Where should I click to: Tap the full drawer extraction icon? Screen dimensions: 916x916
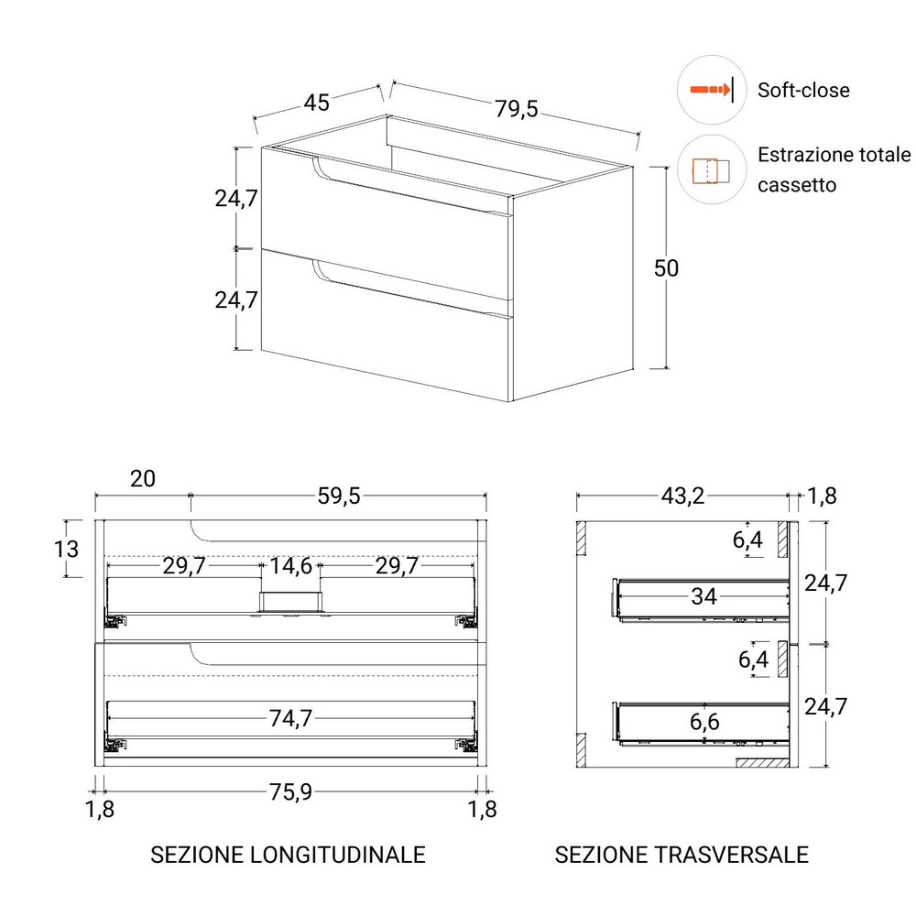(711, 171)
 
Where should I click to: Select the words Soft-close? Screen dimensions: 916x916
(803, 90)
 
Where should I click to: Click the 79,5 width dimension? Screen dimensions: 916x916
(517, 109)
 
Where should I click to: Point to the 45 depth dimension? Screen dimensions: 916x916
(317, 103)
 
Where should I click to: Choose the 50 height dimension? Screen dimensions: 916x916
(666, 268)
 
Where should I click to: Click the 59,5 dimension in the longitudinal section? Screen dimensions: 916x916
(339, 496)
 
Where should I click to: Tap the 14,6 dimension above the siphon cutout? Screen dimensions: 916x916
(290, 565)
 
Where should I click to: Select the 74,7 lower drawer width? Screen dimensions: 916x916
(290, 718)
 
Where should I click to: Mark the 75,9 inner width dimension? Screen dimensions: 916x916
(290, 792)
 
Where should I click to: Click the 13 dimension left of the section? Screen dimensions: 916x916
(66, 549)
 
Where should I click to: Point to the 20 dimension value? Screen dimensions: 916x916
(143, 479)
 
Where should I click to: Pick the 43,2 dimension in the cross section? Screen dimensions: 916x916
(682, 496)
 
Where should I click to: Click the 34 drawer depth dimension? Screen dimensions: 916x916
(703, 596)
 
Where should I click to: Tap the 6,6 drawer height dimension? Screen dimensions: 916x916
(704, 722)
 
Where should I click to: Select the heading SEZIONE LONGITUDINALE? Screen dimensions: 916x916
(288, 855)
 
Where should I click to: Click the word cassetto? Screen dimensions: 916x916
(797, 185)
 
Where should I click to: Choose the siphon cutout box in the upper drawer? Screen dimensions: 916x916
(290, 602)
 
